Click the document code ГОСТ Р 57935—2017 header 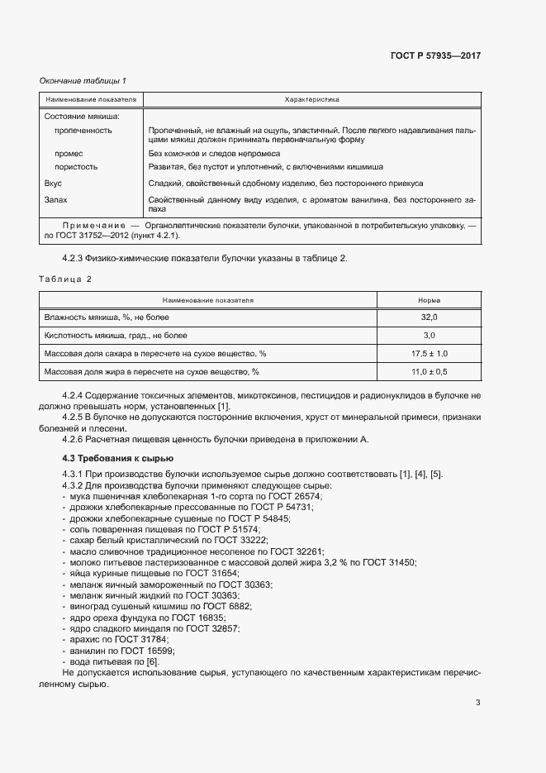coord(435,56)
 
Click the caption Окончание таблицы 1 coord(83,80)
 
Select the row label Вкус coord(53,183)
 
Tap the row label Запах coord(55,200)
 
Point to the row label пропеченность coord(83,131)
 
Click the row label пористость coord(76,166)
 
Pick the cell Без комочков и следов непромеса coord(214,154)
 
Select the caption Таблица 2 coord(66,279)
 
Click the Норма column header coord(429,300)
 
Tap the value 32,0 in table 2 coord(429,317)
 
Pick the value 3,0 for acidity coord(429,336)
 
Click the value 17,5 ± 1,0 coord(429,354)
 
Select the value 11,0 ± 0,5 coord(429,372)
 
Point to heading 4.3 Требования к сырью coord(118,457)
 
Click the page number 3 coord(477,704)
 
